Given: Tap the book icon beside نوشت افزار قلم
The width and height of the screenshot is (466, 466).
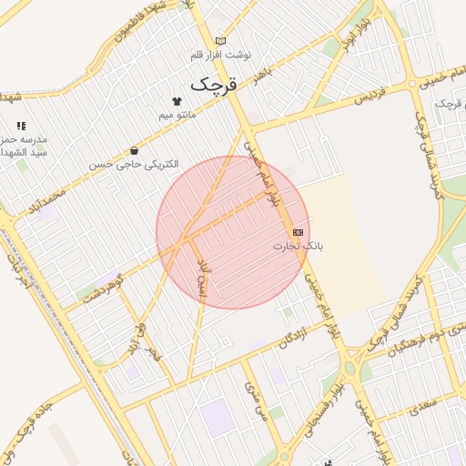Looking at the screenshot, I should point(219,41).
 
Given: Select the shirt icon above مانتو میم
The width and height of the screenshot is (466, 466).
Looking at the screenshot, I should point(177,101).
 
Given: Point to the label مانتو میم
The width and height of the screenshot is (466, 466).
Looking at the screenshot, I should point(177,116).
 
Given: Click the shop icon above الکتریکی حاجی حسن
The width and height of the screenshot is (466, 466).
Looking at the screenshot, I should point(135,150).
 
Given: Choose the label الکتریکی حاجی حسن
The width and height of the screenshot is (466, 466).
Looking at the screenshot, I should point(134,165).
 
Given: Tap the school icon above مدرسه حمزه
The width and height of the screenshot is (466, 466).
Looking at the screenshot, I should point(21,126).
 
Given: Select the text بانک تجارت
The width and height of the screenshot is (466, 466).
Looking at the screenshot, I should point(299,247).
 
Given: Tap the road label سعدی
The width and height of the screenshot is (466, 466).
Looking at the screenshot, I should point(421,403).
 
